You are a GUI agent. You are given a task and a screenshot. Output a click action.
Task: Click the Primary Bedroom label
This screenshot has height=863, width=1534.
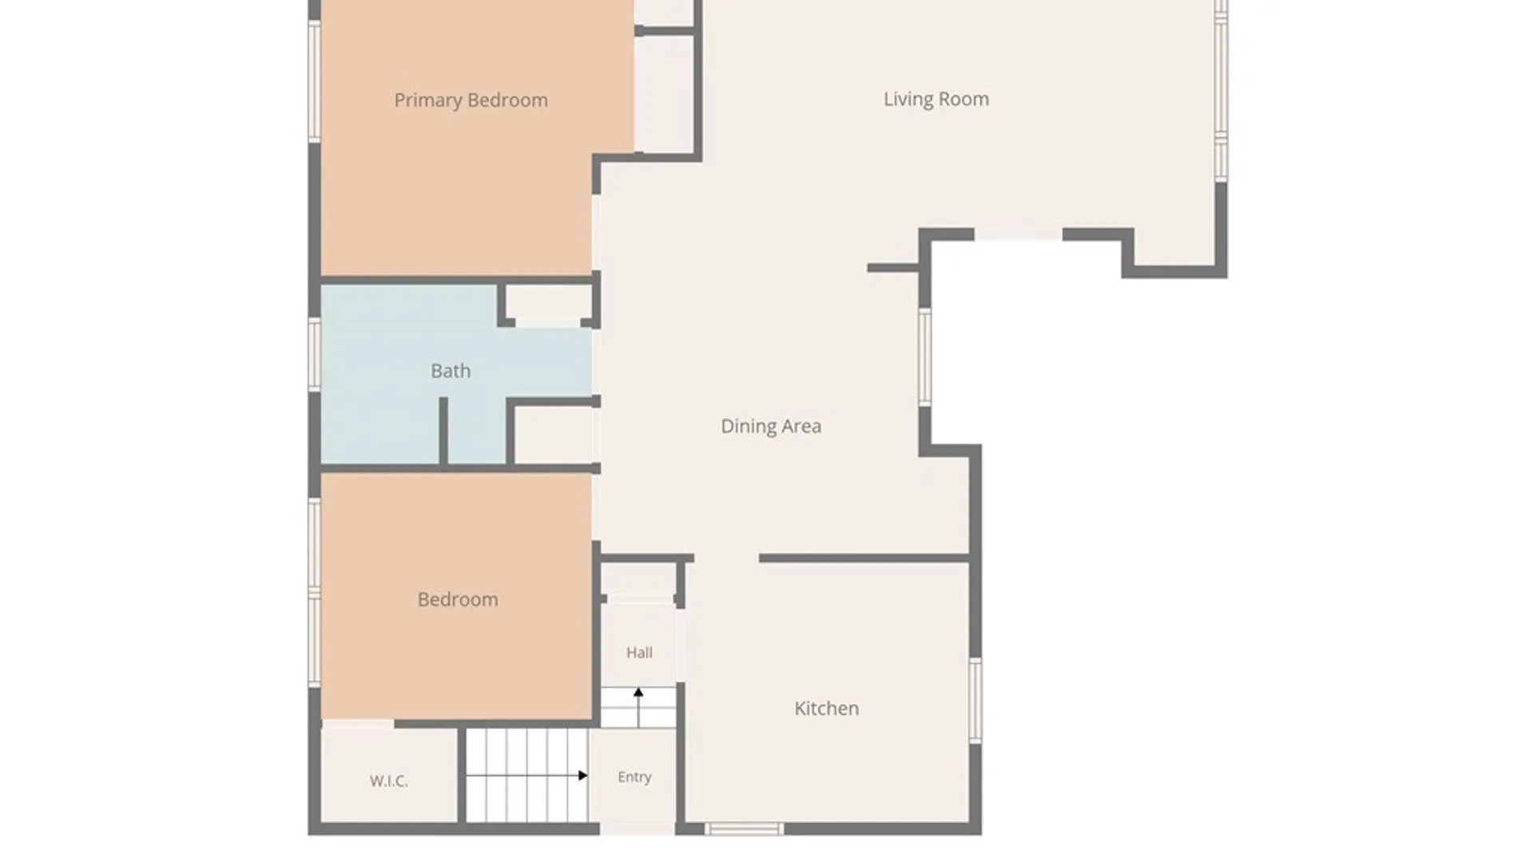[x=471, y=101]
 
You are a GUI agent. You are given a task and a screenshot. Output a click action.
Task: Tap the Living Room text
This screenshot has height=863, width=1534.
[x=936, y=100]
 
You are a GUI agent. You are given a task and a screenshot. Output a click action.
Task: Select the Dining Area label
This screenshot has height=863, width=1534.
[x=771, y=427]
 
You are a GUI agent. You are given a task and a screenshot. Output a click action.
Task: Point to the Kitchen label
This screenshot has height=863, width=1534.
[x=826, y=708]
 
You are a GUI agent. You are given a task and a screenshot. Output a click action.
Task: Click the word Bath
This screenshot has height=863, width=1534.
[x=451, y=371]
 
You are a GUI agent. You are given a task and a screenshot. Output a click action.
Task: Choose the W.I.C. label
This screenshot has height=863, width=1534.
[x=389, y=781]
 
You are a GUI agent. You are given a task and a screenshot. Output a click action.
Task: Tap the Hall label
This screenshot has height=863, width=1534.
[x=639, y=653]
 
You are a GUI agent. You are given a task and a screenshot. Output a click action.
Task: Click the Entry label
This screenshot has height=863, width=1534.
[x=634, y=777]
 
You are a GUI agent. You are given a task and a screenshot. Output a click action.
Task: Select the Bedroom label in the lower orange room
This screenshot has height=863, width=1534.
[x=458, y=599]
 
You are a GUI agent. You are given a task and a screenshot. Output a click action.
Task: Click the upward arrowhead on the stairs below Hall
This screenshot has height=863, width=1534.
[x=638, y=693]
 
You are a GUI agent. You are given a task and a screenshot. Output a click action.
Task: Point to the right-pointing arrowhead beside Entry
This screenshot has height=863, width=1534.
[x=583, y=775]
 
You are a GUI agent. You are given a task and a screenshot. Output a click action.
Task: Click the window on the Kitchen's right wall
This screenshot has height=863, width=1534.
[x=976, y=701]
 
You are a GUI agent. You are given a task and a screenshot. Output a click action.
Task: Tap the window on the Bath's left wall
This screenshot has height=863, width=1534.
[x=315, y=355]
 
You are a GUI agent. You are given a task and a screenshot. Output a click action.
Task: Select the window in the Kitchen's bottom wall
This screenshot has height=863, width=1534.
[x=743, y=829]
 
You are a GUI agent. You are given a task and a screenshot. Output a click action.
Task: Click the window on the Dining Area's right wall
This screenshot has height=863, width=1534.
[x=924, y=357]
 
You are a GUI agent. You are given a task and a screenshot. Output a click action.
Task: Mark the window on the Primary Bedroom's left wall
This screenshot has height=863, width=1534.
[x=315, y=82]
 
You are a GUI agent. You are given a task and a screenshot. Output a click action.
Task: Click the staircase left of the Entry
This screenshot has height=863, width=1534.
[x=527, y=775]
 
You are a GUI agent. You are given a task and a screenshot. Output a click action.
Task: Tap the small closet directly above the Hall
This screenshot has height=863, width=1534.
[x=639, y=579]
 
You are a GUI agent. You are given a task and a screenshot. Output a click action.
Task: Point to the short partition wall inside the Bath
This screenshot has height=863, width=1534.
[x=443, y=431]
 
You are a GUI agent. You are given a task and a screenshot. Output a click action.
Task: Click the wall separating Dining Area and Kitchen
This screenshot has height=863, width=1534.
[x=864, y=558]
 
